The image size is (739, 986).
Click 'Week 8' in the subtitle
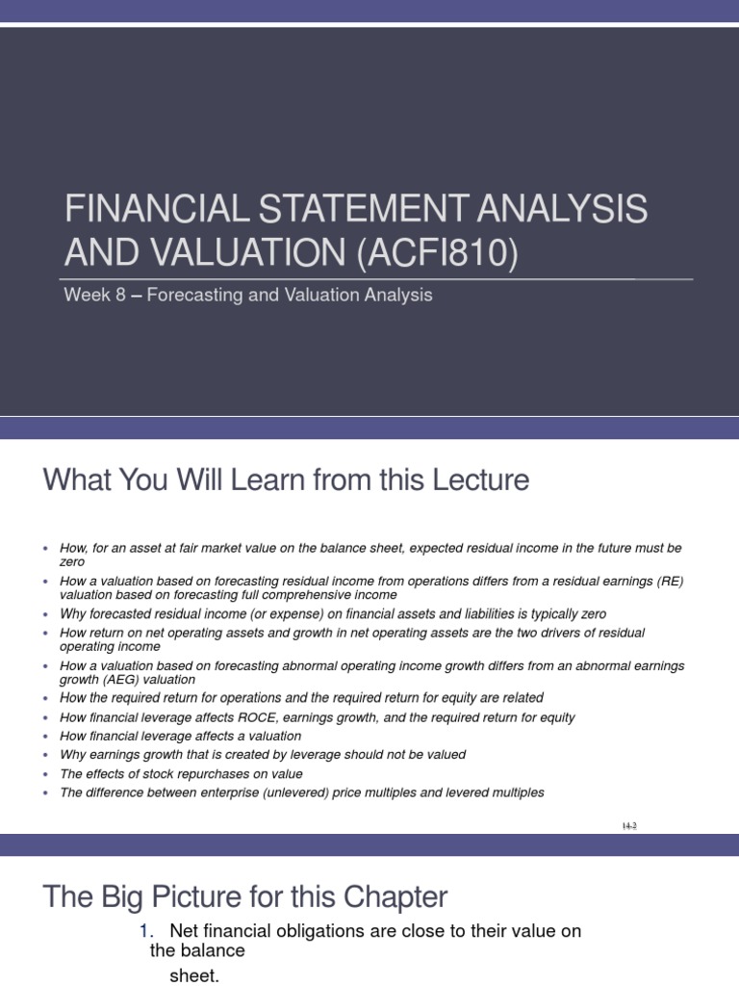click(x=93, y=296)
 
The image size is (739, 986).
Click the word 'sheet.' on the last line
click(x=194, y=975)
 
